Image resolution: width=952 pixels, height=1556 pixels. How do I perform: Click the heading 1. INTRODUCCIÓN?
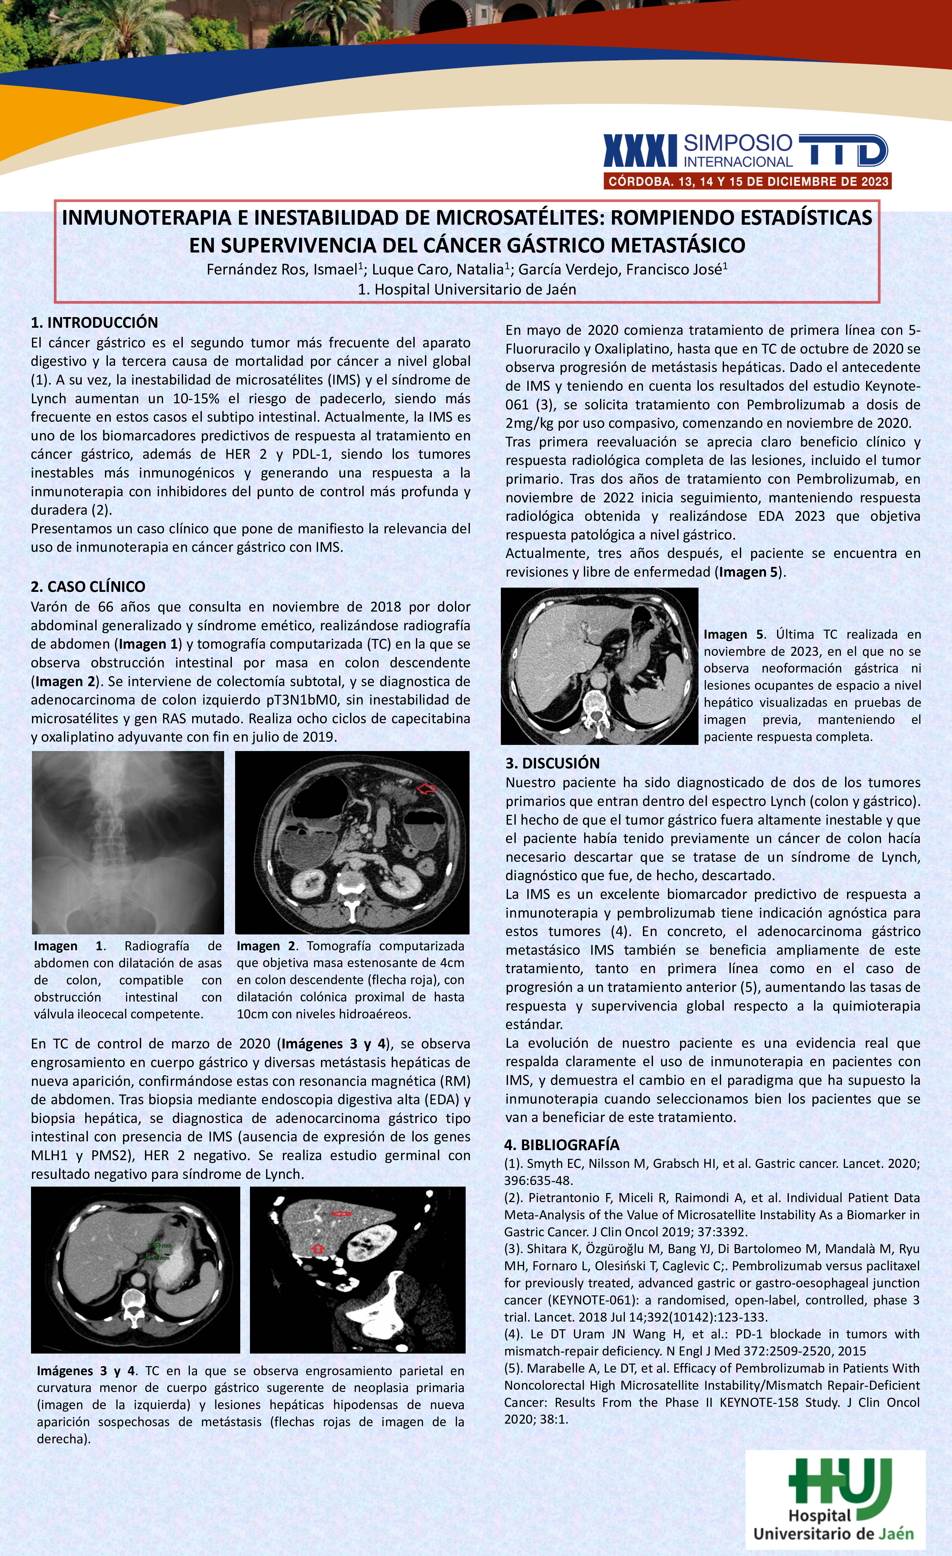[x=94, y=323]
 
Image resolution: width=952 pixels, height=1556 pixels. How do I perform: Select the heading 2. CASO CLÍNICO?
[x=88, y=587]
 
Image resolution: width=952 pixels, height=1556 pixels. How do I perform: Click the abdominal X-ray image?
[x=128, y=842]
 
